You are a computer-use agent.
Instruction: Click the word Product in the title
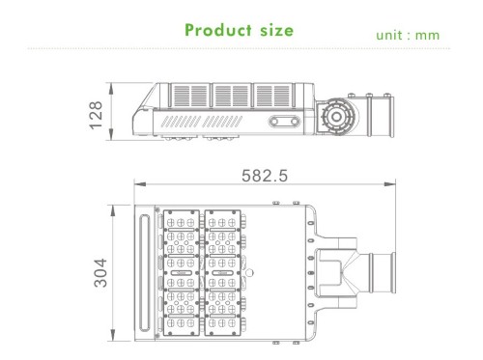click(218, 30)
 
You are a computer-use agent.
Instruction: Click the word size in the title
click(277, 30)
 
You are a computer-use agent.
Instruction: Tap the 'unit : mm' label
click(408, 35)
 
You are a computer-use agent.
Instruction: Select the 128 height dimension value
click(96, 116)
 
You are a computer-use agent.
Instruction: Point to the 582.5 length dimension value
click(265, 176)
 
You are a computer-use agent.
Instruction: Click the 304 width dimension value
click(100, 272)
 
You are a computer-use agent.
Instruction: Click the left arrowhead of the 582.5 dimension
click(140, 184)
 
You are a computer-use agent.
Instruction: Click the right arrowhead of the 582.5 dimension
click(389, 184)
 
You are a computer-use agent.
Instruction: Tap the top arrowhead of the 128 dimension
click(111, 89)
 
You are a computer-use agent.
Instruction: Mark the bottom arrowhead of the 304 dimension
click(112, 335)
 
